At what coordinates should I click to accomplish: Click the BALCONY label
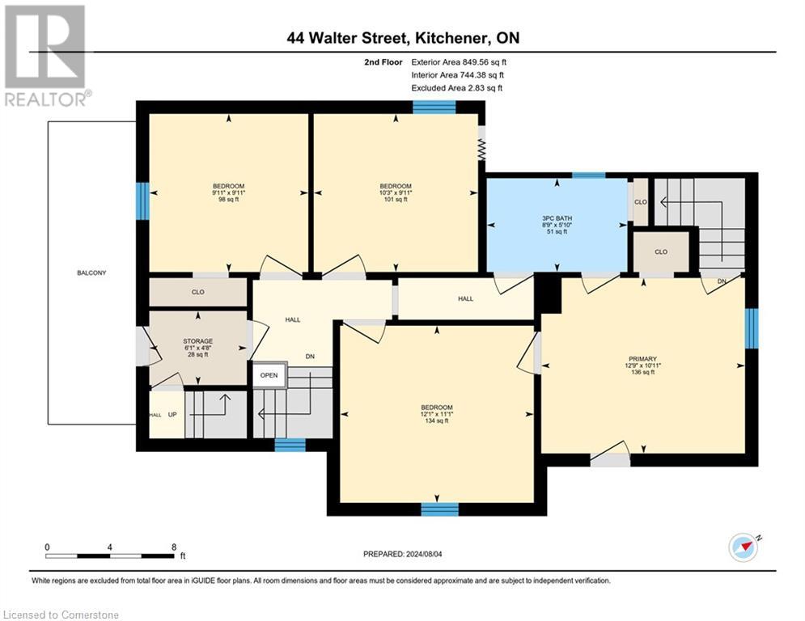point(91,272)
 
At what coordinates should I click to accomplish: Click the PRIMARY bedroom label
point(643,359)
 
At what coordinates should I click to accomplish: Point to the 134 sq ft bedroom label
point(437,413)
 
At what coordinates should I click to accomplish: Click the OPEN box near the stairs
point(269,375)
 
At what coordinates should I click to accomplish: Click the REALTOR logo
point(46,54)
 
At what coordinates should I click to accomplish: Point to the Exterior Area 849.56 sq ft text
point(459,61)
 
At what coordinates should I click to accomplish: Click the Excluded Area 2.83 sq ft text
point(456,88)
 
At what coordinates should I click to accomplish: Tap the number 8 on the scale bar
point(174,547)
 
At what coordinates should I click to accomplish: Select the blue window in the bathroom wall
point(588,175)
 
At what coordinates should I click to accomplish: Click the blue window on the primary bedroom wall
point(752,327)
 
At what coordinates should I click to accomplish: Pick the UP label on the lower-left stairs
point(172,414)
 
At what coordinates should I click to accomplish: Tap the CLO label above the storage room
point(197,293)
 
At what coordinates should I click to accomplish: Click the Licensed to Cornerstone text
point(61,615)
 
